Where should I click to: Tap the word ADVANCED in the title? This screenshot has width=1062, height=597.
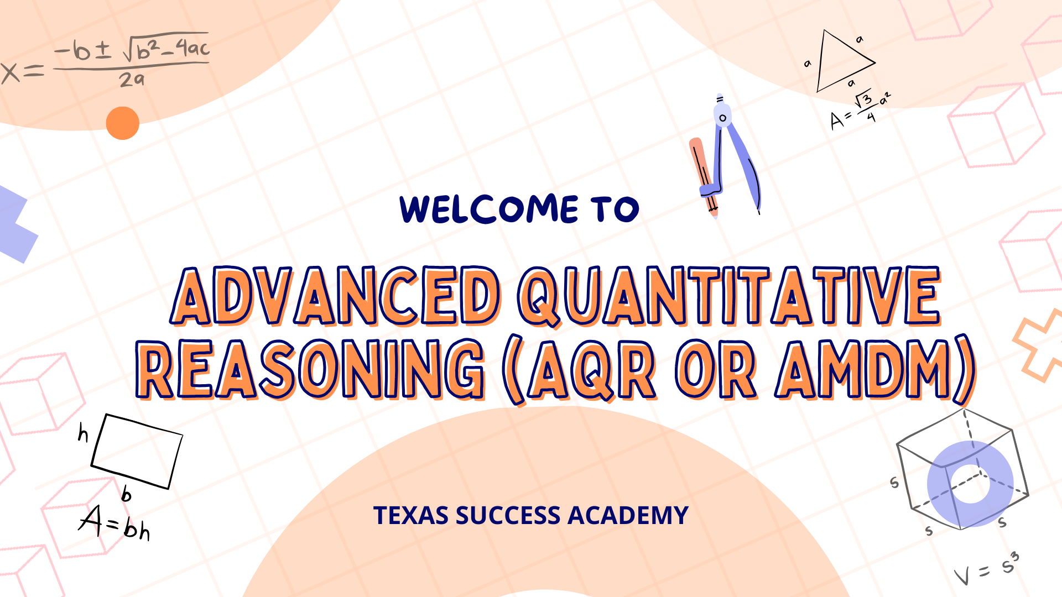tap(336, 296)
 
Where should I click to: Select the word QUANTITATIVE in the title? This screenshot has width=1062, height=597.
tap(730, 296)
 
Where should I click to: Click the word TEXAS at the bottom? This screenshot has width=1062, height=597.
tap(410, 515)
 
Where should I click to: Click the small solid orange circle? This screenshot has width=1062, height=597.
tap(122, 123)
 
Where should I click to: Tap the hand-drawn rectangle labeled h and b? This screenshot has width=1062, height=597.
tap(137, 452)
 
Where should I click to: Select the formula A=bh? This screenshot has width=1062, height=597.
tap(114, 522)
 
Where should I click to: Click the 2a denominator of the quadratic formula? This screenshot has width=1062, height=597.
tap(132, 80)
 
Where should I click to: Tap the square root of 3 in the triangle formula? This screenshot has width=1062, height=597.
tap(863, 99)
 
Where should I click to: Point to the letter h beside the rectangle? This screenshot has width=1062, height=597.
tap(83, 433)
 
